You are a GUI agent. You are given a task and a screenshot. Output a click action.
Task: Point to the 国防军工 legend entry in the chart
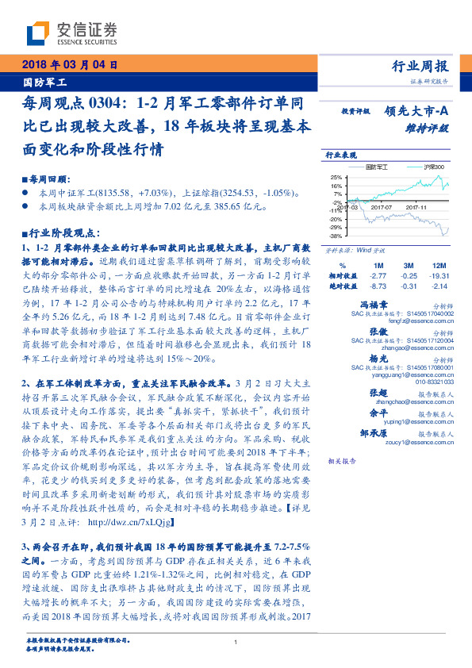[x=379, y=167]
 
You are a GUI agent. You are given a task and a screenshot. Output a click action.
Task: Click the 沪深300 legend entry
[x=433, y=167]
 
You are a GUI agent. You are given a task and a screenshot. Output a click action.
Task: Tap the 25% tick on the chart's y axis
[x=336, y=177]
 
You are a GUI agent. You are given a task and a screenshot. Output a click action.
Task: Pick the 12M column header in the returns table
[x=438, y=264]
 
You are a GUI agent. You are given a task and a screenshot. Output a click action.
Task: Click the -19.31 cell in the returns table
[x=438, y=274]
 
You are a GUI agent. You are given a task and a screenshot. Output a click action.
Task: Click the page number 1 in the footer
[x=236, y=643]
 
